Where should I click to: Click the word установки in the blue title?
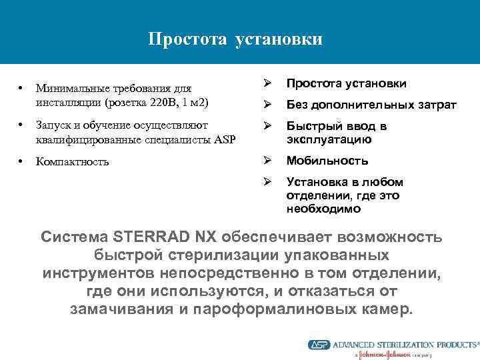(x=279, y=39)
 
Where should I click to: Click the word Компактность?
(x=72, y=161)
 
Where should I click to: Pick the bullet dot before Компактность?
(x=22, y=161)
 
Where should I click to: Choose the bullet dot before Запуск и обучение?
(x=22, y=125)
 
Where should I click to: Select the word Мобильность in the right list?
(x=327, y=161)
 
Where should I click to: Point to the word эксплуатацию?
(x=329, y=139)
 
